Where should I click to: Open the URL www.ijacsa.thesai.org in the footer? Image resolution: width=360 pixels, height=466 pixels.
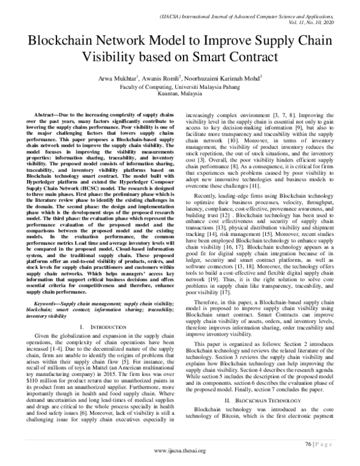pyautogui.click(x=179, y=455)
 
